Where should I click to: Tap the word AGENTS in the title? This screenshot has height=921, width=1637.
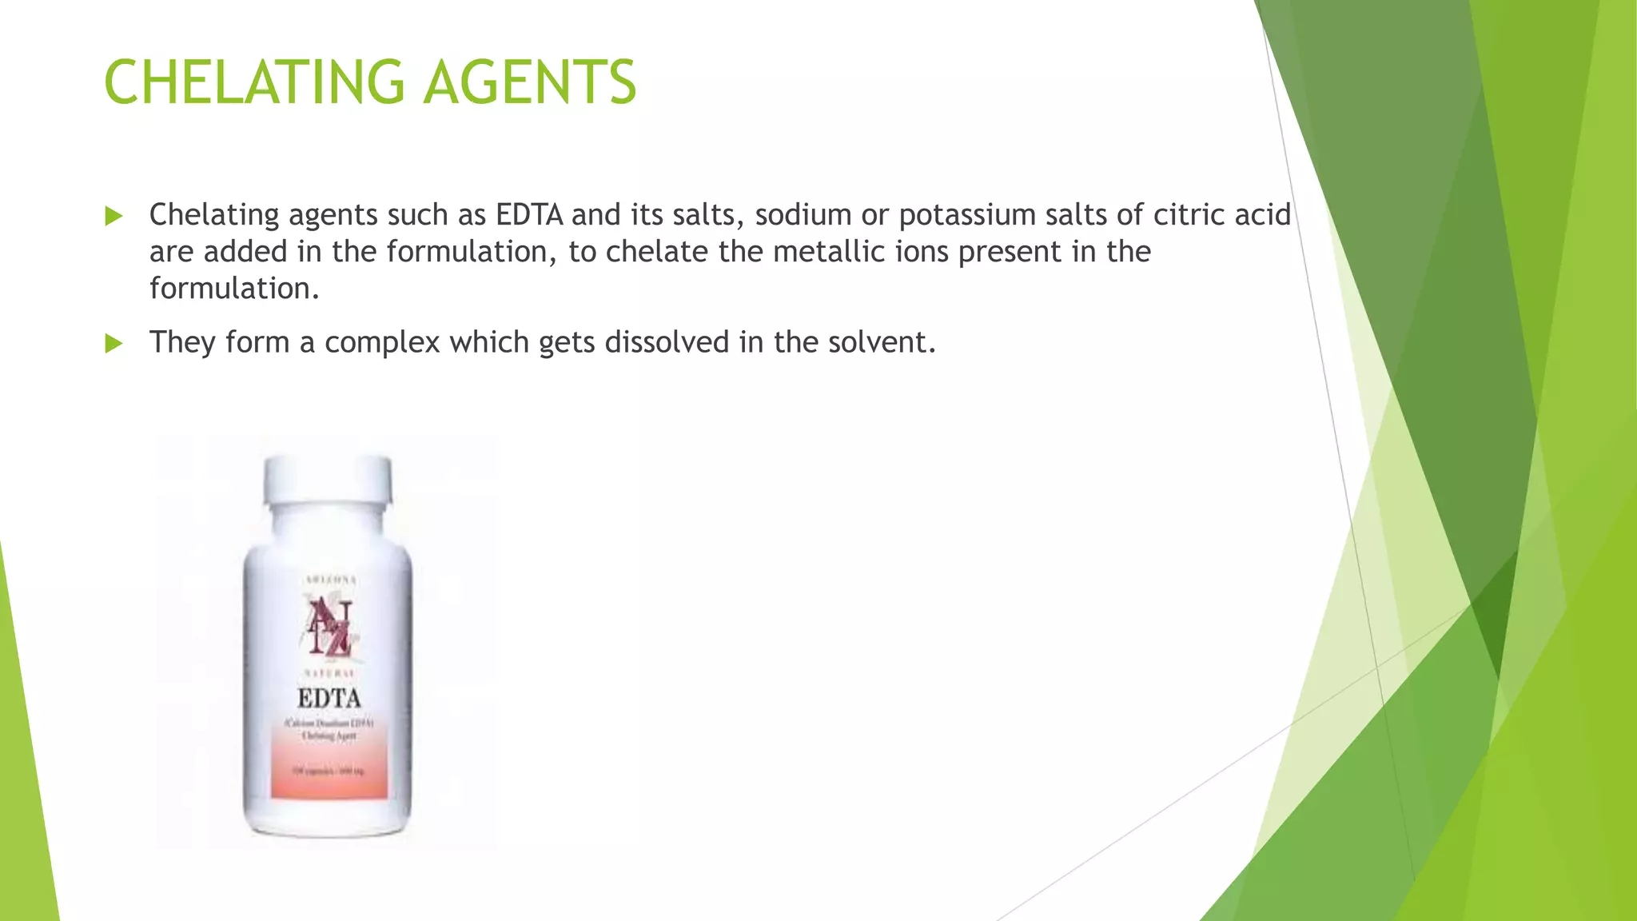tap(529, 82)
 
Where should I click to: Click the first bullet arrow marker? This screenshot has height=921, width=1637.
tap(114, 216)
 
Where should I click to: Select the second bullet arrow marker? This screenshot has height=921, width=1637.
tap(114, 344)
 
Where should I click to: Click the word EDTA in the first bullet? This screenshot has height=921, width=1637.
tap(529, 215)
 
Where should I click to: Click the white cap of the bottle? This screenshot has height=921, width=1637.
tap(329, 480)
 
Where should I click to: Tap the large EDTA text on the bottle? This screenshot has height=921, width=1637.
tap(329, 699)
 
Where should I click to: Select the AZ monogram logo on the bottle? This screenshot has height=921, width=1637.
tap(330, 627)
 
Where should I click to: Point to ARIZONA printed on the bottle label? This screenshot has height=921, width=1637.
tap(329, 580)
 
